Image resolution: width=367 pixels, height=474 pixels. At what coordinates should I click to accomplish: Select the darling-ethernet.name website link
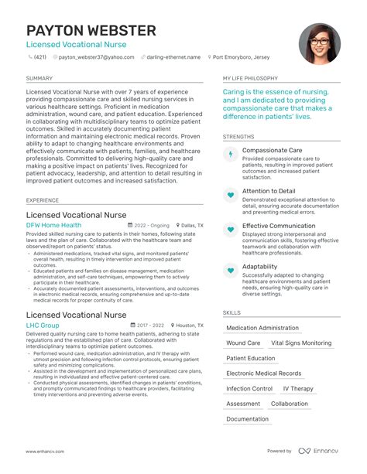(x=171, y=57)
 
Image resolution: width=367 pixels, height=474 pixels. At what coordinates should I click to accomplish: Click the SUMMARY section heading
(x=39, y=78)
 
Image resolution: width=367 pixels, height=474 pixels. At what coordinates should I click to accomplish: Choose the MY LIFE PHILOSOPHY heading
(x=250, y=78)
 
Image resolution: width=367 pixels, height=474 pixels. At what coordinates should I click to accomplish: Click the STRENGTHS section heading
(x=238, y=136)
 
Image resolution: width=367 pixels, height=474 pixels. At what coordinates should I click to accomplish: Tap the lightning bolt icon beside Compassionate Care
(x=230, y=155)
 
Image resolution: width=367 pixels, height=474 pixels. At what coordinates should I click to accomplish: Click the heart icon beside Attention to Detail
(x=230, y=196)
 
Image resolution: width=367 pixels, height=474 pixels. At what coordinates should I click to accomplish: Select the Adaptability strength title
(x=259, y=267)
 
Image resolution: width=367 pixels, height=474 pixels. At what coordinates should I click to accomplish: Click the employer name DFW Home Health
(x=53, y=226)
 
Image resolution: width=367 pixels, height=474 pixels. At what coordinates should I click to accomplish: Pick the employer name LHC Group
(x=43, y=326)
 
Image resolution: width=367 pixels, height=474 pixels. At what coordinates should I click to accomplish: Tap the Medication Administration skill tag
(x=262, y=328)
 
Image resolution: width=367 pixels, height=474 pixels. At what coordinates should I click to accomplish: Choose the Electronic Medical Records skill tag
(x=264, y=373)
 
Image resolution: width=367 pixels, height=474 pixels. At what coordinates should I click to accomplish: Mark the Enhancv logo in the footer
(x=319, y=451)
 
